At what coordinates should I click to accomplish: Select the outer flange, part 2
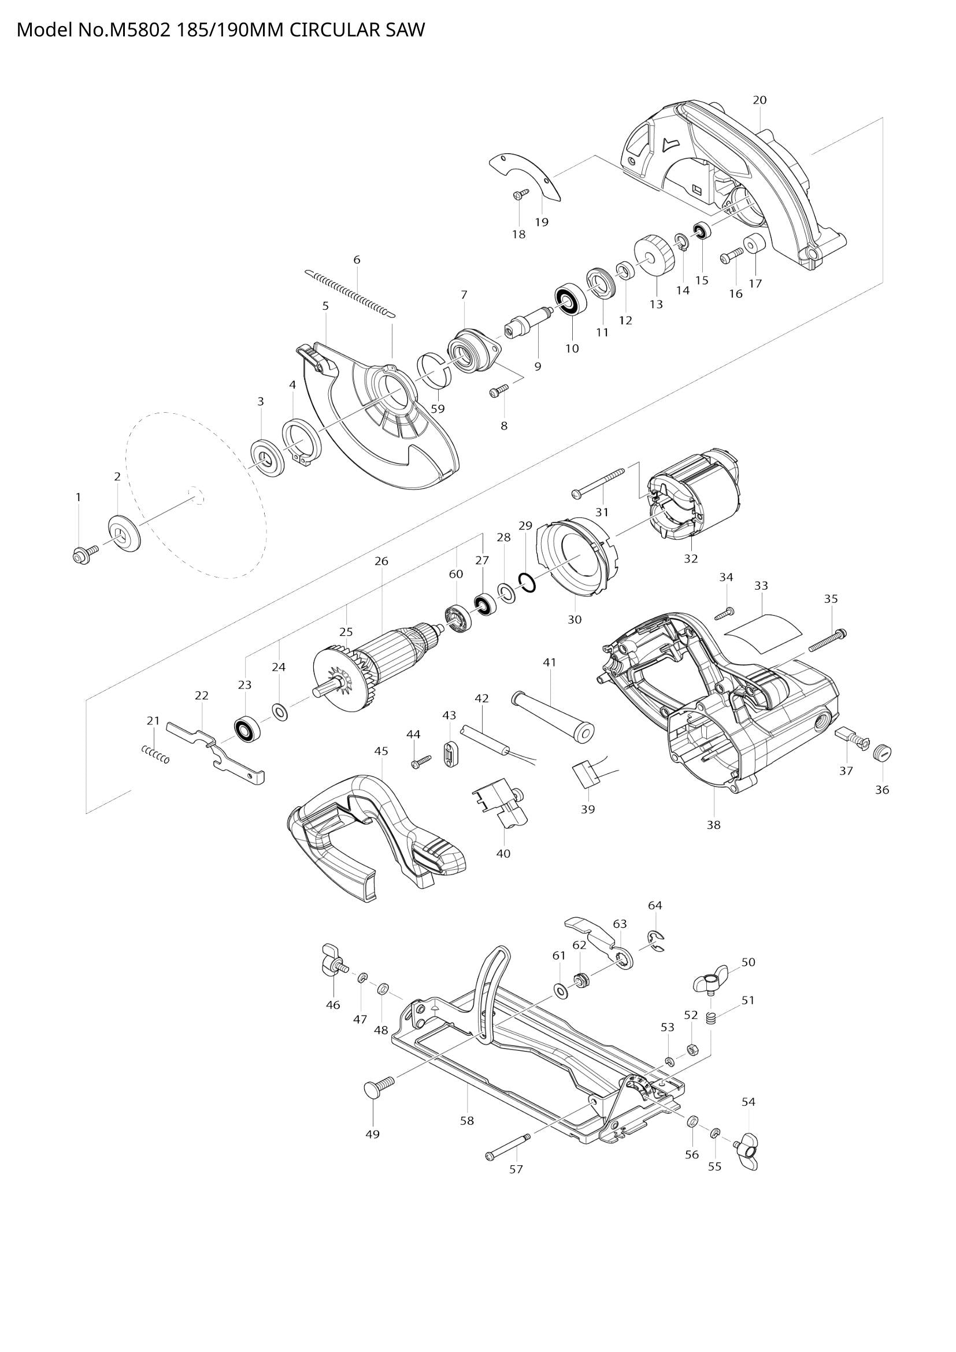coord(125,534)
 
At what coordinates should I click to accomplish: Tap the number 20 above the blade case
coord(759,100)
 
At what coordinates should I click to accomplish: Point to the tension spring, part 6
coord(350,292)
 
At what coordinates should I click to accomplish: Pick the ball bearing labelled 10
coord(569,301)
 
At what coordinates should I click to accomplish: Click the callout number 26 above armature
coord(381,561)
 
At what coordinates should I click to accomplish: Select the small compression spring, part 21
coord(156,754)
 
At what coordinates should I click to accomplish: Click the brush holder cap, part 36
coord(883,752)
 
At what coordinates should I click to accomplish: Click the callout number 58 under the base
coord(467,1121)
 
